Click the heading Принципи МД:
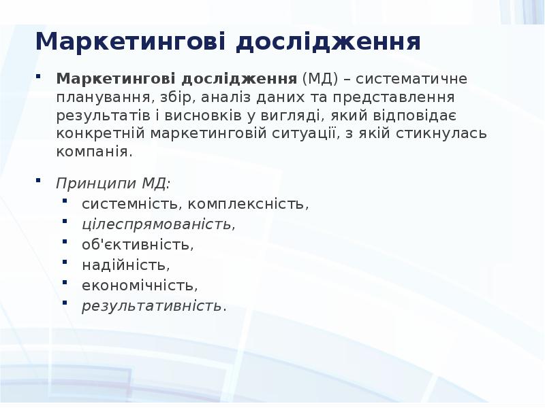coord(114,184)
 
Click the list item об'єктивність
coord(138,244)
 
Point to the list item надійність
coord(125,265)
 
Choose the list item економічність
coord(140,285)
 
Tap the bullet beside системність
coord(65,201)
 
